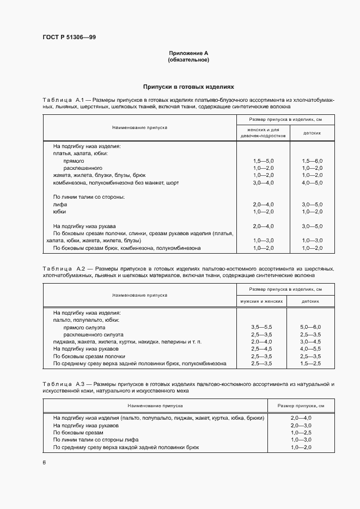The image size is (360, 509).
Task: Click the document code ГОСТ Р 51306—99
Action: click(x=69, y=37)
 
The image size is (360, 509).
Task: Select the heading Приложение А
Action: click(x=188, y=53)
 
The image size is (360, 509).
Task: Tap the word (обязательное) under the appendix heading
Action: click(x=188, y=59)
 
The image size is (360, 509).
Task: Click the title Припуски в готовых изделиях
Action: click(x=188, y=87)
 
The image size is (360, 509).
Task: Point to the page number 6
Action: click(x=44, y=462)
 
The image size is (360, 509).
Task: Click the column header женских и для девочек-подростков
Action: click(x=263, y=133)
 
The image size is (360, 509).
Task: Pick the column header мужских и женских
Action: click(x=263, y=301)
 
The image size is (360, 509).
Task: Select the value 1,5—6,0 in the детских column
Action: click(x=312, y=162)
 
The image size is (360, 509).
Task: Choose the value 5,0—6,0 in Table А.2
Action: click(x=311, y=327)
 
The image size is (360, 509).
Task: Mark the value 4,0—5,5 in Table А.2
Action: click(x=311, y=348)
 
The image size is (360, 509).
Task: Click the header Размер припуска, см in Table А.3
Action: click(x=301, y=406)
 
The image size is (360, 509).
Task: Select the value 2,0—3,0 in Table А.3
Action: click(x=301, y=425)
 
